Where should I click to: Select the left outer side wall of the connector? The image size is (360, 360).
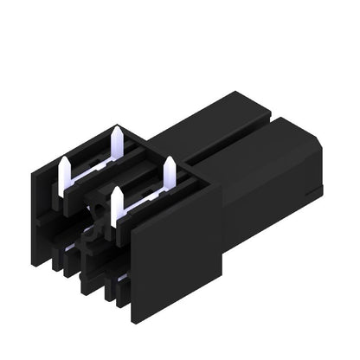43,225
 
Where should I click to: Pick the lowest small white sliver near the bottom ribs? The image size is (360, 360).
121,278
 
